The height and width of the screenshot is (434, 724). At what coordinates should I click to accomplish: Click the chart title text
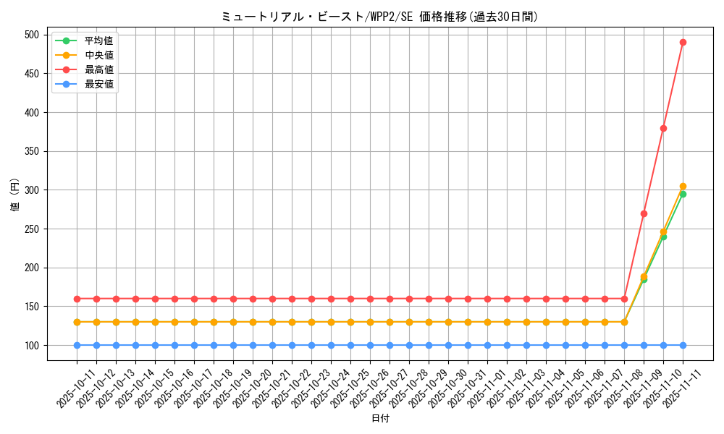[379, 17]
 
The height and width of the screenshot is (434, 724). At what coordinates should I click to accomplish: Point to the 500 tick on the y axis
[31, 35]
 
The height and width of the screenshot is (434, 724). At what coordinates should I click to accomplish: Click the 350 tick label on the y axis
[31, 151]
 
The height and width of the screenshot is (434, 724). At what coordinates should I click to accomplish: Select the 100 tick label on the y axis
[31, 345]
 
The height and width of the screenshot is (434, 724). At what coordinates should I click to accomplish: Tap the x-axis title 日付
[380, 419]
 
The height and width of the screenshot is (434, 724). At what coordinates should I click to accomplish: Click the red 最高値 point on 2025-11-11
[683, 42]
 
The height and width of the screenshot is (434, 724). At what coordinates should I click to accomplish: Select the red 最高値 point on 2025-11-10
[663, 128]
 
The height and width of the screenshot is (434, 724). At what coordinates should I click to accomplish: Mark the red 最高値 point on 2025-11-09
[644, 213]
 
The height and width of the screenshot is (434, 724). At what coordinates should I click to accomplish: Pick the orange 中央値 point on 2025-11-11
[683, 186]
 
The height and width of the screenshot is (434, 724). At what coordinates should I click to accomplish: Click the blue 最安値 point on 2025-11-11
[683, 345]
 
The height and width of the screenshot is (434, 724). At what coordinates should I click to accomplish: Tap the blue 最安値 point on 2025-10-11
[77, 345]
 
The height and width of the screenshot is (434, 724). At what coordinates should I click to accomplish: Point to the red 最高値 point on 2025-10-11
[77, 299]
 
